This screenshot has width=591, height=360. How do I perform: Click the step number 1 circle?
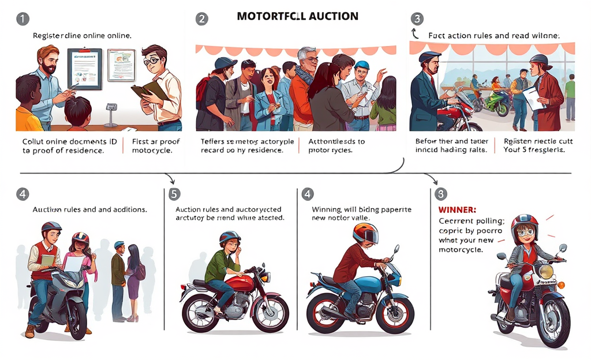[21, 18]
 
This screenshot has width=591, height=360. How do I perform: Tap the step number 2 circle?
[201, 18]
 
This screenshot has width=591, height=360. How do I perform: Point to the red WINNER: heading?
[457, 209]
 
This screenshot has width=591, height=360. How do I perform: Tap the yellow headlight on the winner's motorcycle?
[545, 271]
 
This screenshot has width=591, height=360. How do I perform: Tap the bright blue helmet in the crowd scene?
[362, 66]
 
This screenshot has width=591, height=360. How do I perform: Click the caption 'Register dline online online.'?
[82, 36]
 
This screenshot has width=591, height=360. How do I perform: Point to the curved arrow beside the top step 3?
[414, 34]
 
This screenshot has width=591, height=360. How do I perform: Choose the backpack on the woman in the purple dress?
[141, 271]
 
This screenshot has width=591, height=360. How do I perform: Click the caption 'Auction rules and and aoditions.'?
[89, 209]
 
